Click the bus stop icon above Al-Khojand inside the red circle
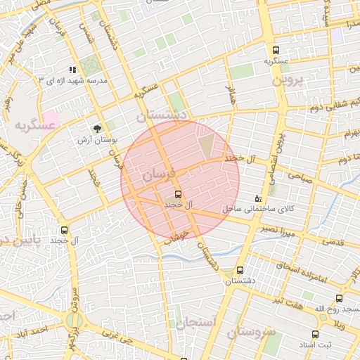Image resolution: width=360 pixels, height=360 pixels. click(177, 193)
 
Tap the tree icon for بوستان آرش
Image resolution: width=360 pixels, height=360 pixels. click(96, 129)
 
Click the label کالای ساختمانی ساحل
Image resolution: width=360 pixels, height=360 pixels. click(249, 209)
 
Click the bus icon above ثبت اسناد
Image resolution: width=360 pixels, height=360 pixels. click(314, 334)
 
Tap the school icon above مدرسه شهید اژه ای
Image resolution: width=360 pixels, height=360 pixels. click(72, 70)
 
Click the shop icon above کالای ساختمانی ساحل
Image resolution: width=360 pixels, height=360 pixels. click(257, 198)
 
